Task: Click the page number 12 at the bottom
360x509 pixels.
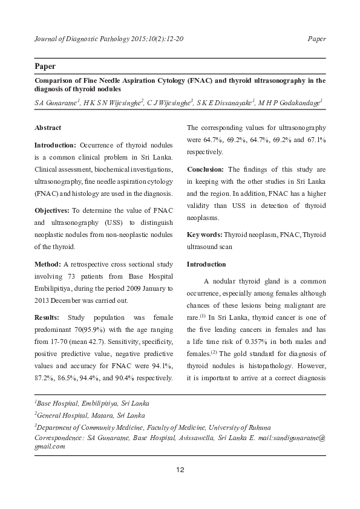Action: pos(180,470)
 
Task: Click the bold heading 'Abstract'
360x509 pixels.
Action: pos(48,128)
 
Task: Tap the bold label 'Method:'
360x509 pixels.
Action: pos(47,264)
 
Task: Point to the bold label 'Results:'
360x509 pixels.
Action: pos(47,317)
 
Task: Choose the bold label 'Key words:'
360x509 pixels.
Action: pos(205,233)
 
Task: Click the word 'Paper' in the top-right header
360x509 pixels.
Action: pos(316,39)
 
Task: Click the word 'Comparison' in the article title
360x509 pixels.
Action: pos(56,79)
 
